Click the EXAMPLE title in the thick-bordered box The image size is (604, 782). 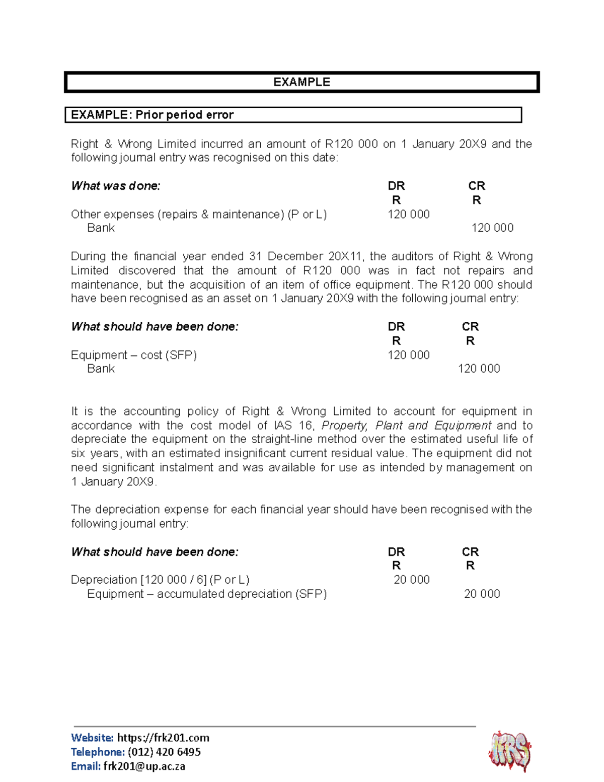(301, 82)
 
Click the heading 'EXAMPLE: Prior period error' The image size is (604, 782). (152, 115)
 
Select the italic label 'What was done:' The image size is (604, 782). (116, 186)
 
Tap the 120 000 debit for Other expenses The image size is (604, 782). (408, 214)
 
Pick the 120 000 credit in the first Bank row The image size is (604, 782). (492, 228)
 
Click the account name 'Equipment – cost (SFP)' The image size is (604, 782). (134, 355)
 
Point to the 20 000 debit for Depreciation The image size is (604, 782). (411, 580)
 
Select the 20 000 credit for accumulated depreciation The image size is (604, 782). (482, 594)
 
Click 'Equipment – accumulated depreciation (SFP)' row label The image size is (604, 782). (206, 594)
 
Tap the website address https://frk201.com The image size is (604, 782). (163, 738)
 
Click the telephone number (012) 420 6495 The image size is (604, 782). (164, 752)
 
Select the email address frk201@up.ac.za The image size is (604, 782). (144, 766)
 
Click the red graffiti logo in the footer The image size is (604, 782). (510, 751)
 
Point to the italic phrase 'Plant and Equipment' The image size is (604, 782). (433, 425)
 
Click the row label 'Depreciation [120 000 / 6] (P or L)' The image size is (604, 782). (160, 580)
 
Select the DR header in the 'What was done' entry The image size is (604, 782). (396, 186)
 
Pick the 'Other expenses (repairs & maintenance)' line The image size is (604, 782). (199, 214)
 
